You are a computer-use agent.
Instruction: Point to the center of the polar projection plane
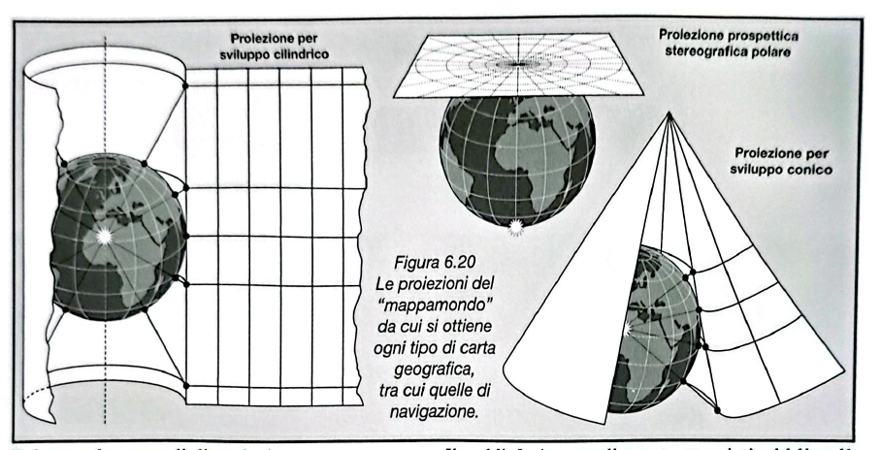521,64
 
